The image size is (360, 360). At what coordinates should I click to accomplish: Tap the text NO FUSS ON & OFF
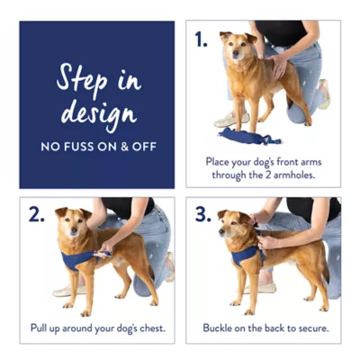(97, 145)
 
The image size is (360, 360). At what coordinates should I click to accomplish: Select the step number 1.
(200, 39)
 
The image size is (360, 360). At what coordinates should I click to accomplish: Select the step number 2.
(35, 216)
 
